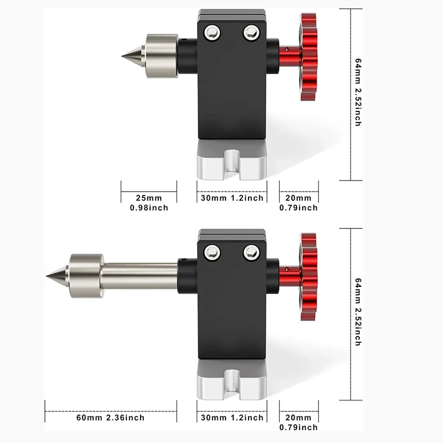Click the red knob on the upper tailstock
click(308, 58)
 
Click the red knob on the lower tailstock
click(308, 277)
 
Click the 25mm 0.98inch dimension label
click(149, 203)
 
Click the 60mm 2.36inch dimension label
click(111, 418)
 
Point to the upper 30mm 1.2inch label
click(231, 198)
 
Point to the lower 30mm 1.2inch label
click(231, 418)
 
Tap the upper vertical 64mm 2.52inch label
click(358, 92)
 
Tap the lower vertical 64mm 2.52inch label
click(358, 312)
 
